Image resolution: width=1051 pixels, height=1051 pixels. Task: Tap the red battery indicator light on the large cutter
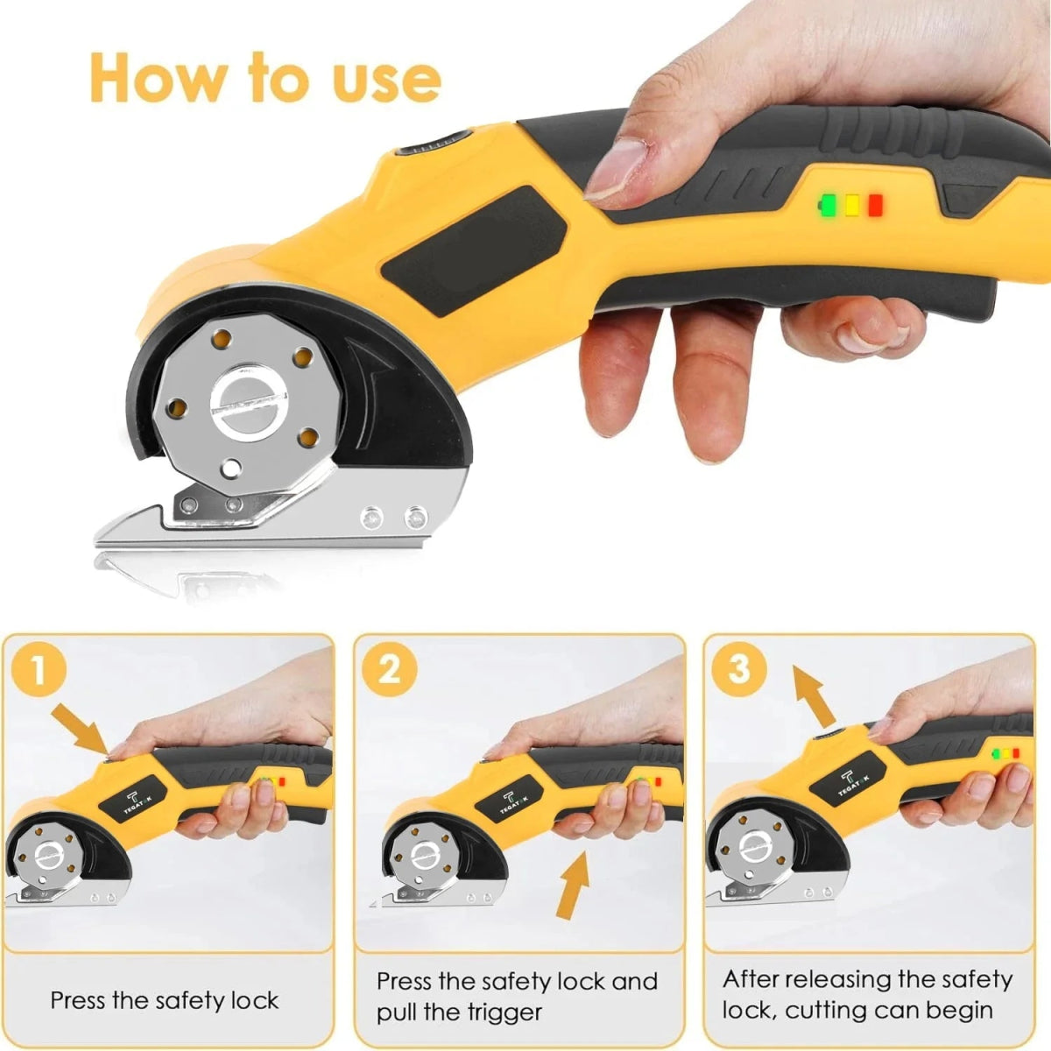[x=875, y=206]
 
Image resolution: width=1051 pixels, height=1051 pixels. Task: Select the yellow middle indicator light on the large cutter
[x=852, y=206]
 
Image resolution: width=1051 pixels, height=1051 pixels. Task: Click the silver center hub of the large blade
[x=248, y=404]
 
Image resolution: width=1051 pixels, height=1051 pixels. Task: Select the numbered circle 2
[x=390, y=669]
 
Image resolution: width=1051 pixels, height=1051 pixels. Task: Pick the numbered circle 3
[x=739, y=668]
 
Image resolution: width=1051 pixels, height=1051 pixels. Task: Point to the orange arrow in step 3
[x=815, y=695]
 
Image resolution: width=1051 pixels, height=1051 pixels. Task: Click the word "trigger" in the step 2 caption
[x=504, y=998]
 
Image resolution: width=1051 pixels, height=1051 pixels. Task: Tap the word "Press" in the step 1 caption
[x=79, y=985]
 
